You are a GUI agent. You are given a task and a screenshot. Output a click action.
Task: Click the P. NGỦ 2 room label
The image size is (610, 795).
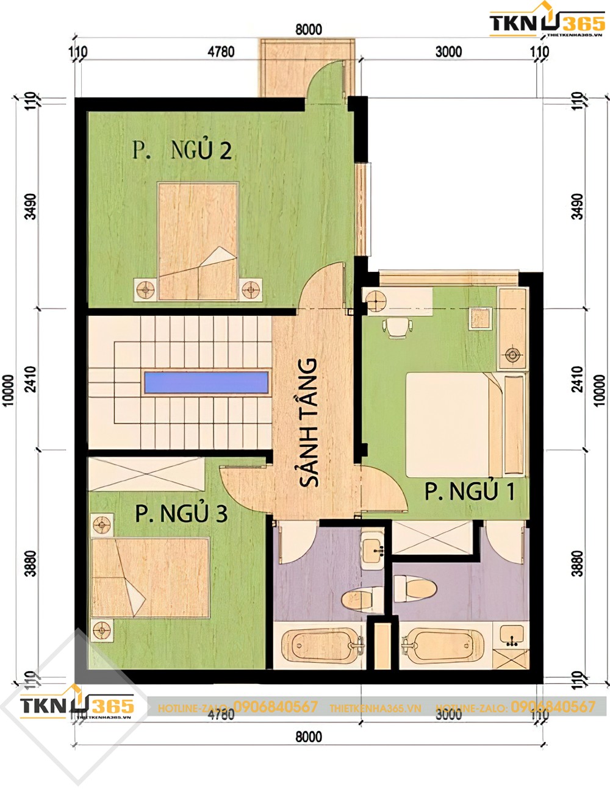coord(182,149)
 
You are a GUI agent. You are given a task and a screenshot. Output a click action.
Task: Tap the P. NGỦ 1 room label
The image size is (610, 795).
coord(470,491)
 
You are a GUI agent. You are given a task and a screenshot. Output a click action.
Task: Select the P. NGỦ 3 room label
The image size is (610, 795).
coord(181,513)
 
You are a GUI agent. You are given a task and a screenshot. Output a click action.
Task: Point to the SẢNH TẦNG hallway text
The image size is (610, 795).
coord(309,422)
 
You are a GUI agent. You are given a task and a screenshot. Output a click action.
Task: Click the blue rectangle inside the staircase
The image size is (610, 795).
coord(206,383)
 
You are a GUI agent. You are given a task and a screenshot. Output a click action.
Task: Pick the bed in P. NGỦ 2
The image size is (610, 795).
coord(198,241)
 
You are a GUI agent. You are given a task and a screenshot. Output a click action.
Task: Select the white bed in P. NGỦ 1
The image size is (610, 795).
coord(451,424)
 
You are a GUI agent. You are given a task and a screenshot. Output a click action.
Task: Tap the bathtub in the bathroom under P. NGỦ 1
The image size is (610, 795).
coord(442,646)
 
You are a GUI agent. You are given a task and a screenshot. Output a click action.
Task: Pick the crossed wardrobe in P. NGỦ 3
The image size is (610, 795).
coord(146,474)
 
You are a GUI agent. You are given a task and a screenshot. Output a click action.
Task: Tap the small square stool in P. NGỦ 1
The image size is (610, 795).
coord(479,318)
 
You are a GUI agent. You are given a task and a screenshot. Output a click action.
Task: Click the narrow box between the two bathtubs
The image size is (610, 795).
coord(382,645)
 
